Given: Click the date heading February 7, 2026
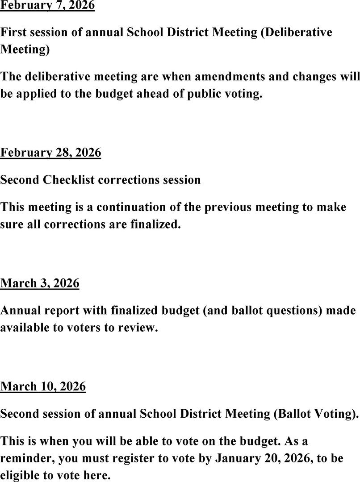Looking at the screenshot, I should coord(47,6).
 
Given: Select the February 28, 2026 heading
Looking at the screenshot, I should coord(50,153).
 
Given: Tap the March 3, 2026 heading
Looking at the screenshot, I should coord(40,283).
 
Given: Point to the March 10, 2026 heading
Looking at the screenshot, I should coord(43,386).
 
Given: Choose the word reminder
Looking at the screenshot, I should coord(27,458).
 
